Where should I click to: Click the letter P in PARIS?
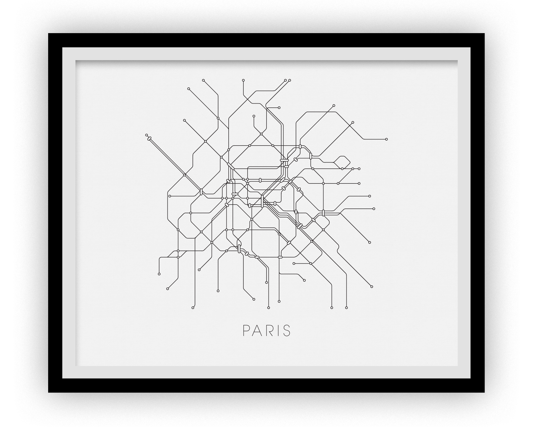tap(246, 331)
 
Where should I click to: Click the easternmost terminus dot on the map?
tap(386, 139)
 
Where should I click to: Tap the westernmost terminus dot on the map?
tap(147, 135)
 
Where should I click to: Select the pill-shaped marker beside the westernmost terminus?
tap(149, 138)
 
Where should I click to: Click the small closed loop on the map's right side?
tap(342, 162)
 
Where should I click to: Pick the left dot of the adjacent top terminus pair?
tap(285, 80)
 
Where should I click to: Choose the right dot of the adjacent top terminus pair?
tap(290, 80)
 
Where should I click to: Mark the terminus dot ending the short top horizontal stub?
tap(279, 107)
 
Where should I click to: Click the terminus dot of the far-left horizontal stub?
tap(170, 196)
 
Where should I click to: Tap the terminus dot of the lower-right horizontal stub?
tap(294, 263)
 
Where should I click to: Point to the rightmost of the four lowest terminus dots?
tap(346, 308)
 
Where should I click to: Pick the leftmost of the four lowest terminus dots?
tap(193, 308)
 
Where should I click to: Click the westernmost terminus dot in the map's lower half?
tap(159, 274)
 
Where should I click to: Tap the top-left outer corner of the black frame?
tap(48, 33)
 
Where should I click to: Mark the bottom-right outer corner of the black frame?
tap(484, 392)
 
